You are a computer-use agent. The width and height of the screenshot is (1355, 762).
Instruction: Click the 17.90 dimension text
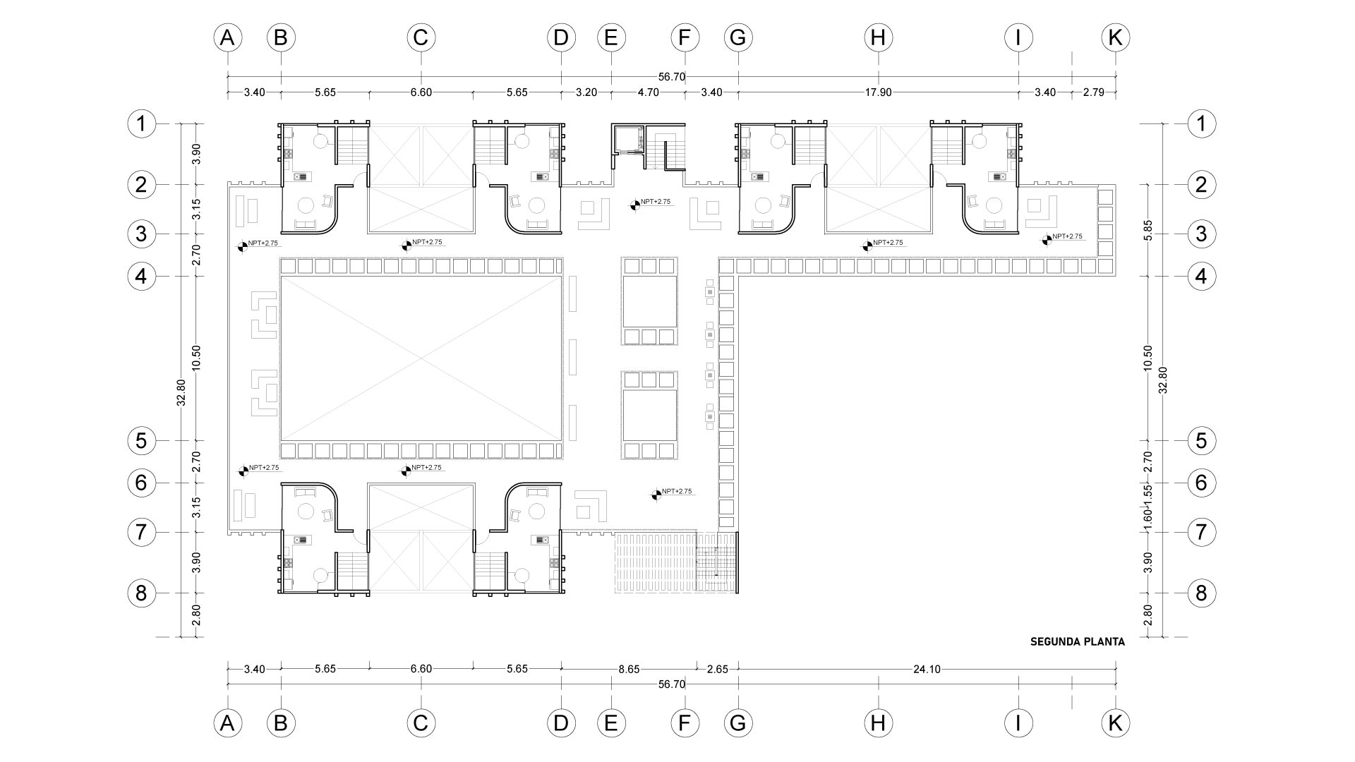point(879,92)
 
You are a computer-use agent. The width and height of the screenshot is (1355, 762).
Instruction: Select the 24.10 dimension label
point(927,669)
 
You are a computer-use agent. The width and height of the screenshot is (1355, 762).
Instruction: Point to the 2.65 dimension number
point(717,669)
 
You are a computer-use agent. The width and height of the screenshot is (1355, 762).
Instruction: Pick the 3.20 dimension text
point(586,92)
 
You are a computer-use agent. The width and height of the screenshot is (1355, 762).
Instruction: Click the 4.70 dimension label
point(648,92)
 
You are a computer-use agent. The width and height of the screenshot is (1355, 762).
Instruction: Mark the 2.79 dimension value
point(1094,92)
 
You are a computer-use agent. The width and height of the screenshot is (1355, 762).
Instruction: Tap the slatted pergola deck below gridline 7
point(655,562)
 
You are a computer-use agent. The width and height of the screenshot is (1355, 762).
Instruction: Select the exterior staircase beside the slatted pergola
point(716,562)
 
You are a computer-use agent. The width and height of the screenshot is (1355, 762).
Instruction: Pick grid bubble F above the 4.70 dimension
point(685,37)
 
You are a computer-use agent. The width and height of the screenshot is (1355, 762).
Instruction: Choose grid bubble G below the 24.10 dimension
point(738,722)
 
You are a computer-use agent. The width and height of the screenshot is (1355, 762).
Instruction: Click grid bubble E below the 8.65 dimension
point(611,722)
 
